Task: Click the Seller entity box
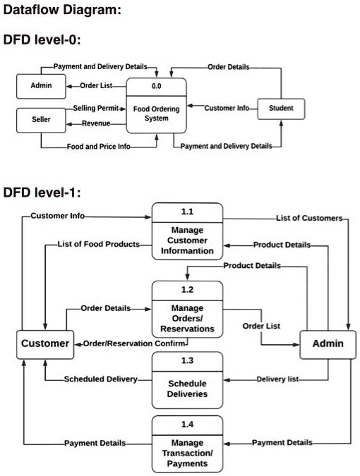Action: (40, 120)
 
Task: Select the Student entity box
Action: (281, 109)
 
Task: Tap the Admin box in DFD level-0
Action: (40, 86)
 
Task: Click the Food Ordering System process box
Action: (156, 106)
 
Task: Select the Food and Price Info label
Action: (98, 147)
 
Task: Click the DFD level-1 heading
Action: (46, 192)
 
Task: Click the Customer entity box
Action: (45, 344)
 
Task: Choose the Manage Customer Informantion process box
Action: (187, 232)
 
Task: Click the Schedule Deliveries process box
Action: (187, 381)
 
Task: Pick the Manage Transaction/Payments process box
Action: (187, 445)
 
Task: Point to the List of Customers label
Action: (308, 218)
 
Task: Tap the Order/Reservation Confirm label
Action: (134, 343)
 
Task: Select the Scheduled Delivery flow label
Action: (101, 379)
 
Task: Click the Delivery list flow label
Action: (277, 379)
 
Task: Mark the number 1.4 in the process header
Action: (187, 425)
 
